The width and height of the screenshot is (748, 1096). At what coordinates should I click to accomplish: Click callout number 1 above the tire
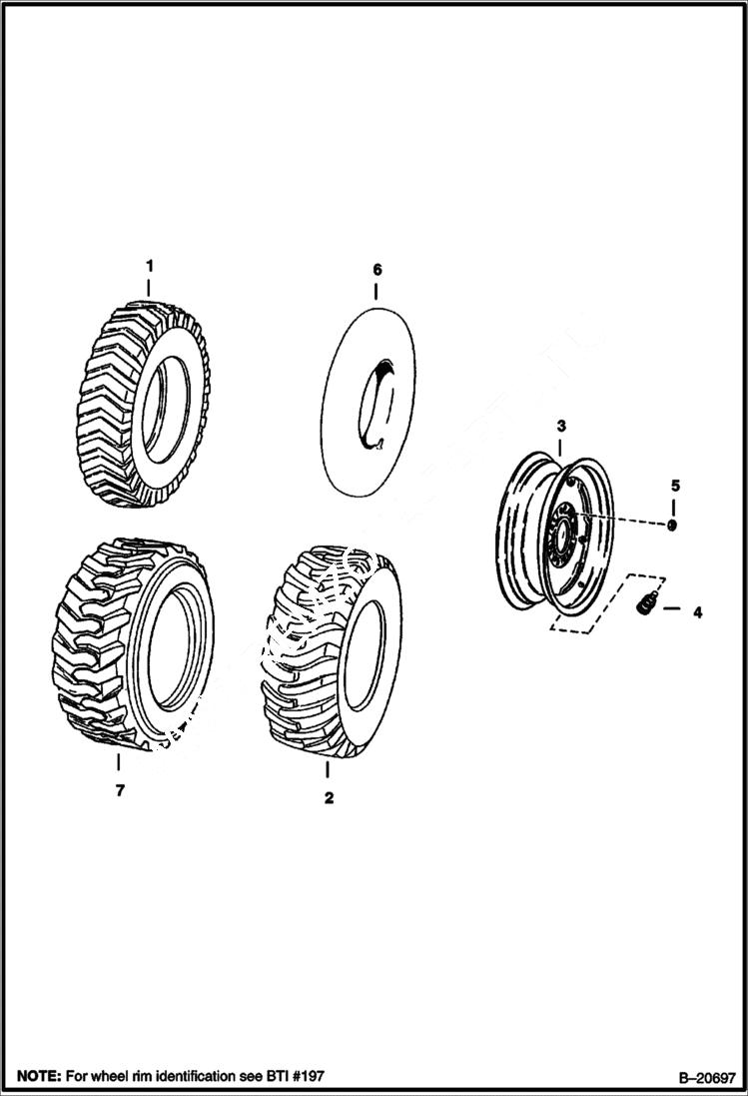click(149, 266)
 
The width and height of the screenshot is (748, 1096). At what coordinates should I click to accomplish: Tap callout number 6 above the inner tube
click(376, 270)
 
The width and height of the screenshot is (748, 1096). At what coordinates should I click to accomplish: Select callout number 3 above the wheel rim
click(561, 427)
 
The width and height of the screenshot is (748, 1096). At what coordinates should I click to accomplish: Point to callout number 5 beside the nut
click(675, 486)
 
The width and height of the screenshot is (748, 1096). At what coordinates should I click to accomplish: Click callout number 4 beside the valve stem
click(697, 612)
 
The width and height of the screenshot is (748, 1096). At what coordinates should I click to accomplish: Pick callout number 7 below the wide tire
click(119, 790)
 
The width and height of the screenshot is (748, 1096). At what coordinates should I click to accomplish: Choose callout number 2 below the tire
click(329, 798)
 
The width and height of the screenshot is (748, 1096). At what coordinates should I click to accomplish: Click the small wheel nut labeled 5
click(671, 526)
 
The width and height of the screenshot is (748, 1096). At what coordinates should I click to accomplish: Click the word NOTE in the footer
click(35, 1076)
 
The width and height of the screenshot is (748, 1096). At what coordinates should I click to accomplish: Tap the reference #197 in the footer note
click(305, 1076)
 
